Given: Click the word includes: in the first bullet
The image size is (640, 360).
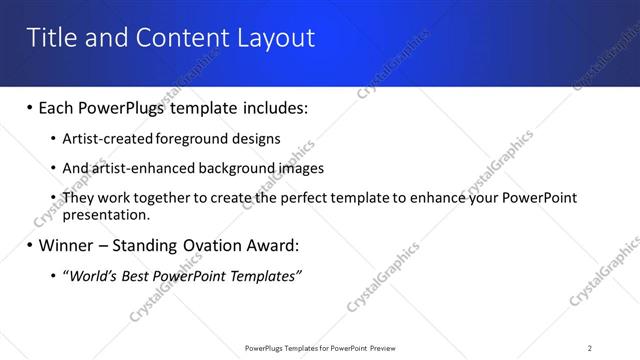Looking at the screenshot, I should click(269, 107).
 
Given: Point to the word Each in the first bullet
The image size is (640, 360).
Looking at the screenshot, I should click(57, 107).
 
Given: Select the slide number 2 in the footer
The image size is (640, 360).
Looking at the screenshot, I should click(590, 348).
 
